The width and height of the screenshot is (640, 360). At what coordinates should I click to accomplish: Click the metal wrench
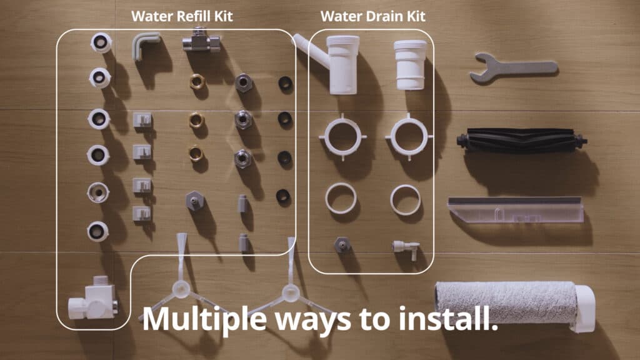[x=514, y=68]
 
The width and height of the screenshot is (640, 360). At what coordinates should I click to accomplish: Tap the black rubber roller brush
[x=522, y=141]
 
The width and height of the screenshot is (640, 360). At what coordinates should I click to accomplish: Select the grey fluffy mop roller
[x=506, y=302]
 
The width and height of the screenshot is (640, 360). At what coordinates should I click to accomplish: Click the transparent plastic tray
[x=516, y=210]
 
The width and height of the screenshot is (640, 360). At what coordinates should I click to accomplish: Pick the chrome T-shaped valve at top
[x=201, y=41]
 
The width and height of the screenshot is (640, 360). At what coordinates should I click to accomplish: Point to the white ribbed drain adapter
[x=410, y=64]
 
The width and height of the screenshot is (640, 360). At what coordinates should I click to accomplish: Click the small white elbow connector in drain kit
[x=406, y=249]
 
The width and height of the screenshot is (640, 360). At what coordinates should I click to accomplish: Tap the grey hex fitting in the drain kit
[x=342, y=244]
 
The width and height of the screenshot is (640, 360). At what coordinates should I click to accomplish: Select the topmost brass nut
[x=197, y=82]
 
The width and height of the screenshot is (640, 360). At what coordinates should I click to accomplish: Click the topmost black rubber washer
[x=285, y=84]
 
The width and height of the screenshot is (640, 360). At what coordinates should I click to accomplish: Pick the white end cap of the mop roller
[x=584, y=307]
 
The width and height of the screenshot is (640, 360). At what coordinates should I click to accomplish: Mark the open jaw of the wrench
[x=482, y=67]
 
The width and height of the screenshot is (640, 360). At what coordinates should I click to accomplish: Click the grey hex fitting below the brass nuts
[x=195, y=201]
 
